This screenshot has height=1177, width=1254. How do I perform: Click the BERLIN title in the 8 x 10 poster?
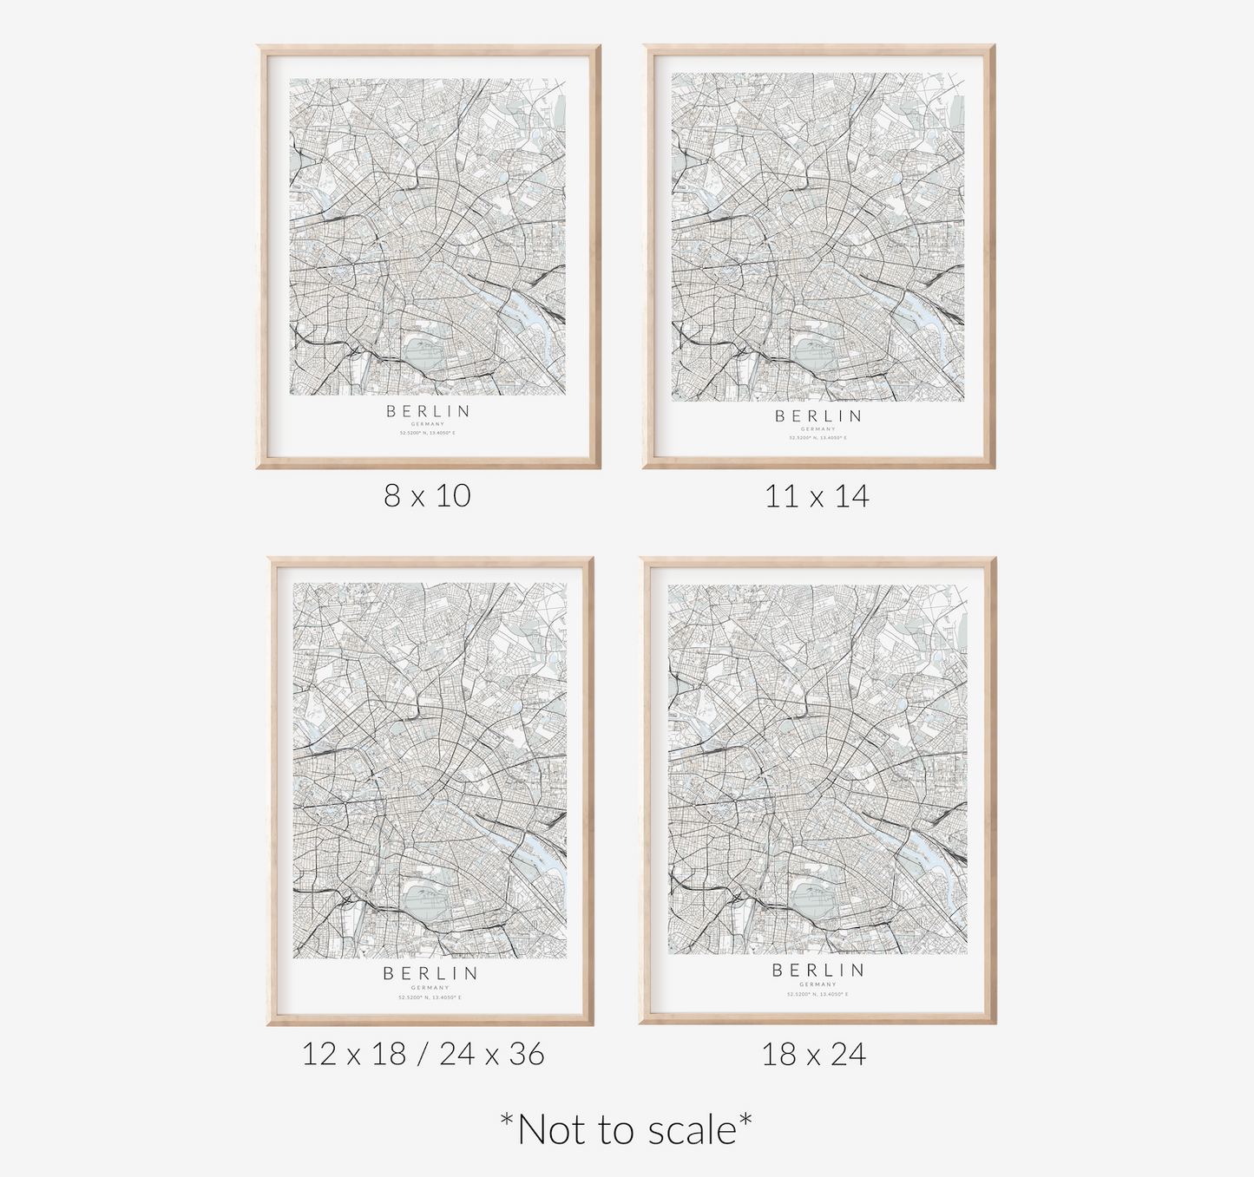pyautogui.click(x=429, y=410)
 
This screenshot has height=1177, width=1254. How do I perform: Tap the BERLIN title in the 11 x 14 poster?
pyautogui.click(x=818, y=415)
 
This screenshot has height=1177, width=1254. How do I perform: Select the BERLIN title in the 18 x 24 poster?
pyautogui.click(x=818, y=970)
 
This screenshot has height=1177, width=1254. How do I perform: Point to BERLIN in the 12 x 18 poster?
pyautogui.click(x=430, y=973)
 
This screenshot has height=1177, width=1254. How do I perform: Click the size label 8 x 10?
pyautogui.click(x=427, y=495)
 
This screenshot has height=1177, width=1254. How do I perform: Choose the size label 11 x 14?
pyautogui.click(x=817, y=496)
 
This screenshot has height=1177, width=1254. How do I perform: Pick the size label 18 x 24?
pyautogui.click(x=813, y=1054)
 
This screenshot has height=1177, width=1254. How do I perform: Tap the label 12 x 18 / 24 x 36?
pyautogui.click(x=423, y=1054)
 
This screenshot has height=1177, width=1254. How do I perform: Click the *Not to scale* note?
pyautogui.click(x=627, y=1129)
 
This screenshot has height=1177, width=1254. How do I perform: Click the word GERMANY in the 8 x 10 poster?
pyautogui.click(x=429, y=424)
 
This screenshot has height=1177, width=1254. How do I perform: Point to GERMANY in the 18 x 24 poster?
pyautogui.click(x=817, y=984)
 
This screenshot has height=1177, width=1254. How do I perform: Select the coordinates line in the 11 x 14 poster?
pyautogui.click(x=818, y=438)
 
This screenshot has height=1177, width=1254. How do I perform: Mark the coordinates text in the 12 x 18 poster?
pyautogui.click(x=430, y=997)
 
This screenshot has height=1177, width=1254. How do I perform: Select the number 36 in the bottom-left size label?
pyautogui.click(x=527, y=1054)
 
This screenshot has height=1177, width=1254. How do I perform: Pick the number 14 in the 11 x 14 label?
pyautogui.click(x=852, y=496)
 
